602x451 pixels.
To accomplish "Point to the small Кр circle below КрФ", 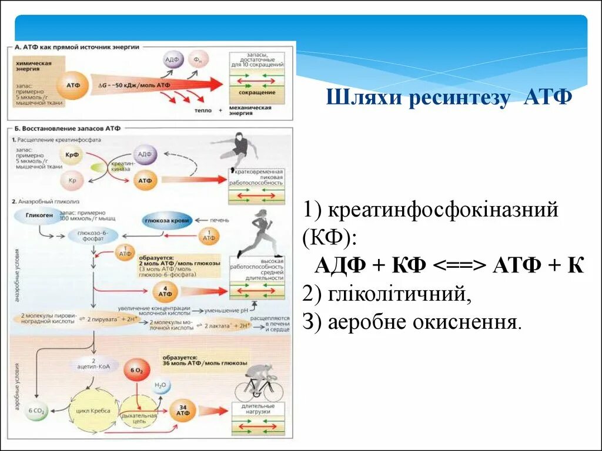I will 73,180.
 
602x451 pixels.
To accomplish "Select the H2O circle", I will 160,386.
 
